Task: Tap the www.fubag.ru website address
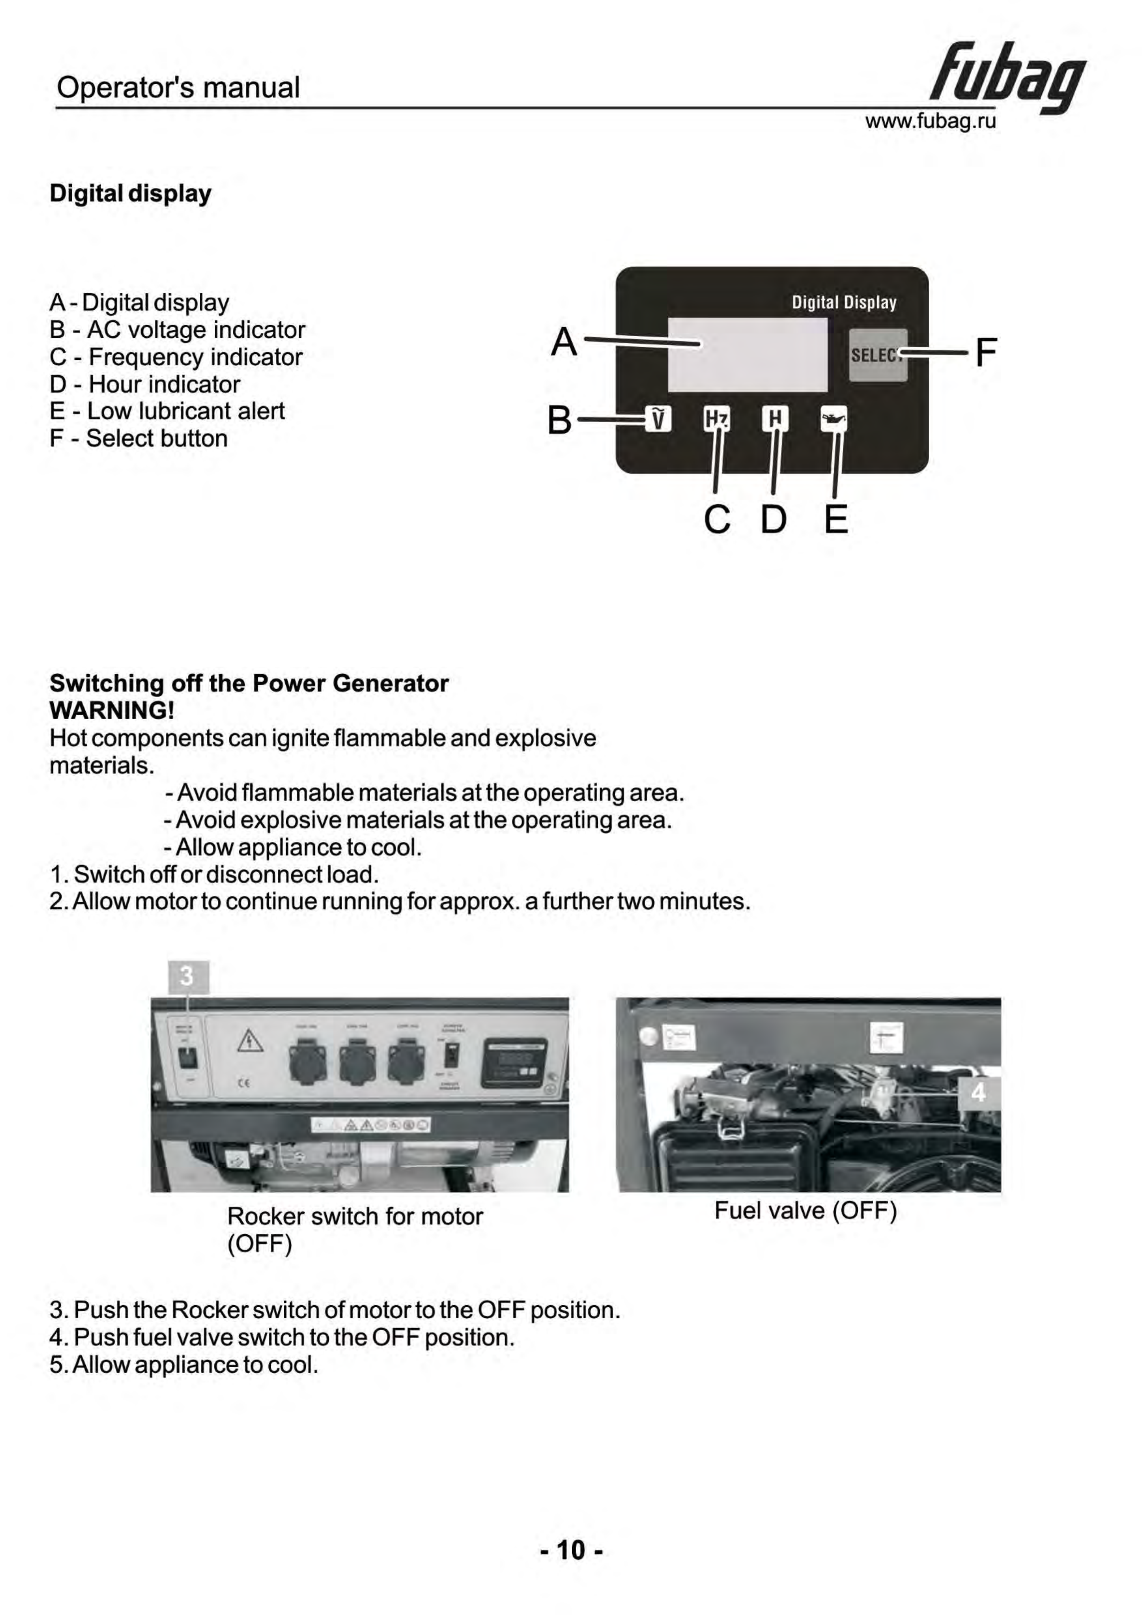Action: (930, 122)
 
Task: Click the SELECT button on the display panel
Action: (878, 355)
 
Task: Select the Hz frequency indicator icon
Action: (716, 419)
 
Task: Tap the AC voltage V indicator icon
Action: (658, 419)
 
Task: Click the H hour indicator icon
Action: (775, 419)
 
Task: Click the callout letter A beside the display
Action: (564, 343)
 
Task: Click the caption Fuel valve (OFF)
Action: (805, 1211)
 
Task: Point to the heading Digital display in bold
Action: (130, 193)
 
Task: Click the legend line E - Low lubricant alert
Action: (167, 411)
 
